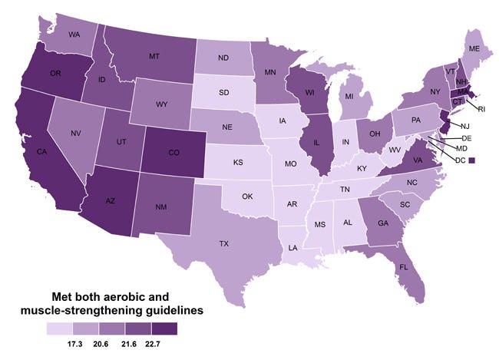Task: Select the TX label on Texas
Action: tap(223, 243)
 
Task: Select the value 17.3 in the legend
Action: tap(77, 341)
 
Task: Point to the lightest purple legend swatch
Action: tap(60, 328)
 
